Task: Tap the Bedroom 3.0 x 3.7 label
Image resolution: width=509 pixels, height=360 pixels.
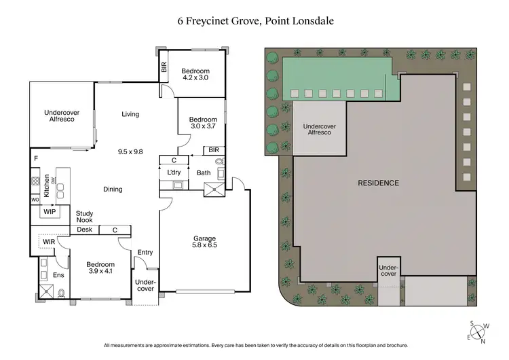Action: [203, 124]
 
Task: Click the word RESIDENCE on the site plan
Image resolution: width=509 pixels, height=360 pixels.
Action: [379, 183]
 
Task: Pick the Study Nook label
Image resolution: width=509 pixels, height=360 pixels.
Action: [84, 217]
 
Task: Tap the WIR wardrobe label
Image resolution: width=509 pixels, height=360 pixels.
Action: [48, 241]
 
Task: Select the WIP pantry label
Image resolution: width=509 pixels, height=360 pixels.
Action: [50, 212]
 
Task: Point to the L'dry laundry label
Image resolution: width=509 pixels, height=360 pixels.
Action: [174, 174]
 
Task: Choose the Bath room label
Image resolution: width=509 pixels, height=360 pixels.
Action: [204, 173]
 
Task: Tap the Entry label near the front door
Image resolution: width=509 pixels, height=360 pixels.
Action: [145, 253]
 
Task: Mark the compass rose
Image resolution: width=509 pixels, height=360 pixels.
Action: [479, 331]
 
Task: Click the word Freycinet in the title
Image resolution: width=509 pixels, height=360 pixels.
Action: [208, 21]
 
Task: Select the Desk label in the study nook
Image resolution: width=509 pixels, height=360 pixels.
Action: [84, 230]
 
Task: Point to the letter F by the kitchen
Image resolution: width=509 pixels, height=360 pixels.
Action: [35, 159]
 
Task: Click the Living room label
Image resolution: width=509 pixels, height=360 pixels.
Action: [130, 114]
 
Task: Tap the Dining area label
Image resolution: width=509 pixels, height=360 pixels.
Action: [113, 190]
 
